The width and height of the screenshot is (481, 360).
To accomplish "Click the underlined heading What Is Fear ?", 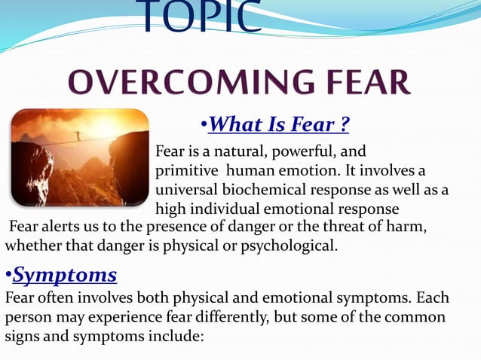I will click(278, 122).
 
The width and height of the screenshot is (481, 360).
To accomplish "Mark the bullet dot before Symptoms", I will click(8, 276).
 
